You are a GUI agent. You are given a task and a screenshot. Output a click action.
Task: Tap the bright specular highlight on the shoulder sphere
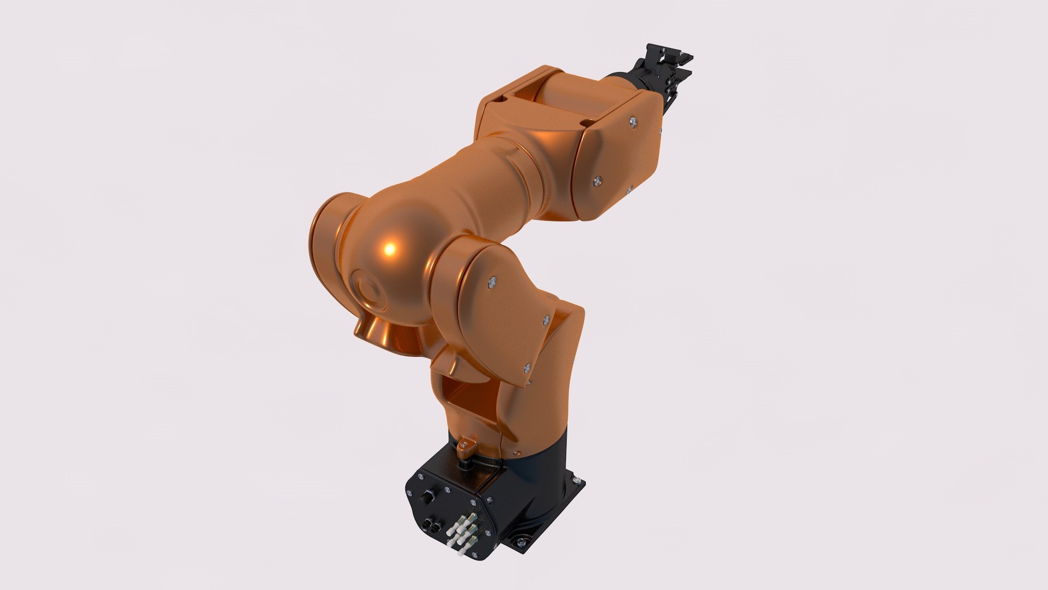[390, 249]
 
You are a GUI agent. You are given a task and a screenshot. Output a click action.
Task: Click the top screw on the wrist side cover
[632, 121]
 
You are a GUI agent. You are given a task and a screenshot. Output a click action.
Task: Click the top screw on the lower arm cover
[492, 281]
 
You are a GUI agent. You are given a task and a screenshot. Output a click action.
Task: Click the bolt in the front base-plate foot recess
[520, 542]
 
